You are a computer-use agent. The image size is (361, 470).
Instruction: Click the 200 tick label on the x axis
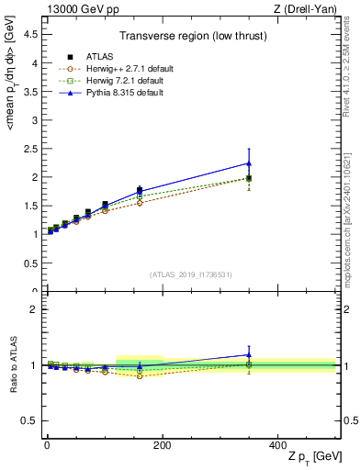[162, 444]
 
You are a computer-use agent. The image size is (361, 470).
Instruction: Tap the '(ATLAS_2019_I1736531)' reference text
[190, 274]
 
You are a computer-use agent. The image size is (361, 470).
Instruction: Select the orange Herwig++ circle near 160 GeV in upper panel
[140, 203]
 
